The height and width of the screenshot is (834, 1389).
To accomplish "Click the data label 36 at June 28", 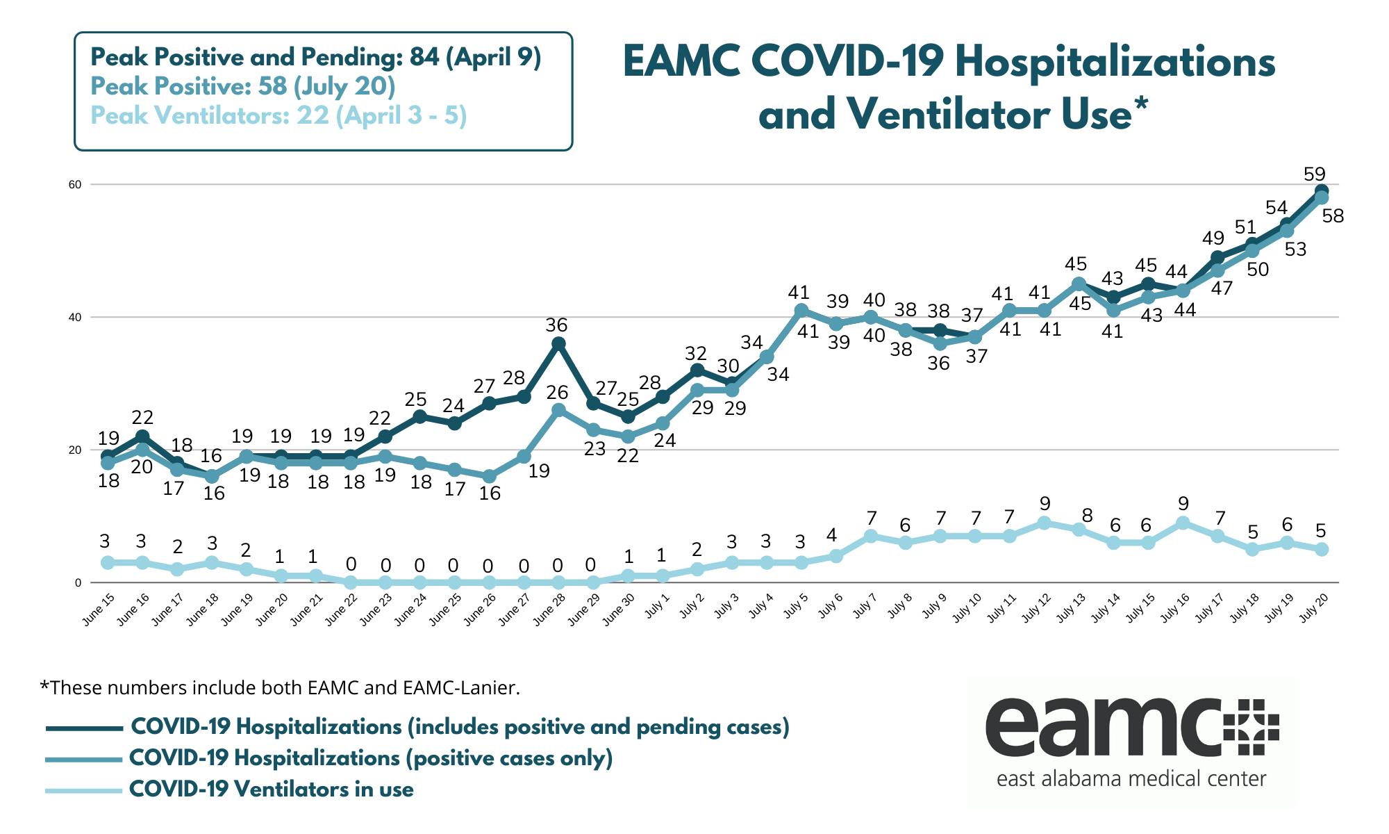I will (556, 325).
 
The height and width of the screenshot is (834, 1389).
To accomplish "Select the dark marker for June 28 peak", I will (558, 344).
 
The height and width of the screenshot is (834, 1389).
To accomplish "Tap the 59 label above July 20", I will (1315, 174).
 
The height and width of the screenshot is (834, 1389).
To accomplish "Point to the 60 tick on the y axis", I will (74, 185).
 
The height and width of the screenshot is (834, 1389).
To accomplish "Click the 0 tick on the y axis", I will (78, 583).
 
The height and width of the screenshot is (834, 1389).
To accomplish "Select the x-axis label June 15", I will (99, 611).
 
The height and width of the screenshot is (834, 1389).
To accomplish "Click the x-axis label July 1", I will (656, 606).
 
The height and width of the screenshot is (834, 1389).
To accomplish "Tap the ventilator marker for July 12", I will (1044, 523).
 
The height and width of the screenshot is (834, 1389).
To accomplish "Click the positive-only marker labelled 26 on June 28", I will (558, 410).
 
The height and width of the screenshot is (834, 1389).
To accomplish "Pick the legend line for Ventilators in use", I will (83, 790).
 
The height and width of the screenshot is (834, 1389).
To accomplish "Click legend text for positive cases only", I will (371, 758).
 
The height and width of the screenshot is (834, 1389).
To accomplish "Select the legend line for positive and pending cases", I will (83, 728).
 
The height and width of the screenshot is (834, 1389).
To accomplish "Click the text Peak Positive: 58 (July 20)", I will (243, 87).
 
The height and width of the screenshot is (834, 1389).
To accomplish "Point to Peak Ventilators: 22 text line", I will (278, 115).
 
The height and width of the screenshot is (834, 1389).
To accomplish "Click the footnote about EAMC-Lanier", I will (280, 688).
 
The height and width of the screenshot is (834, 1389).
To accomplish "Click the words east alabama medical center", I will (1131, 778).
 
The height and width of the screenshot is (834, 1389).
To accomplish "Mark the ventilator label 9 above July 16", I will (1183, 504).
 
